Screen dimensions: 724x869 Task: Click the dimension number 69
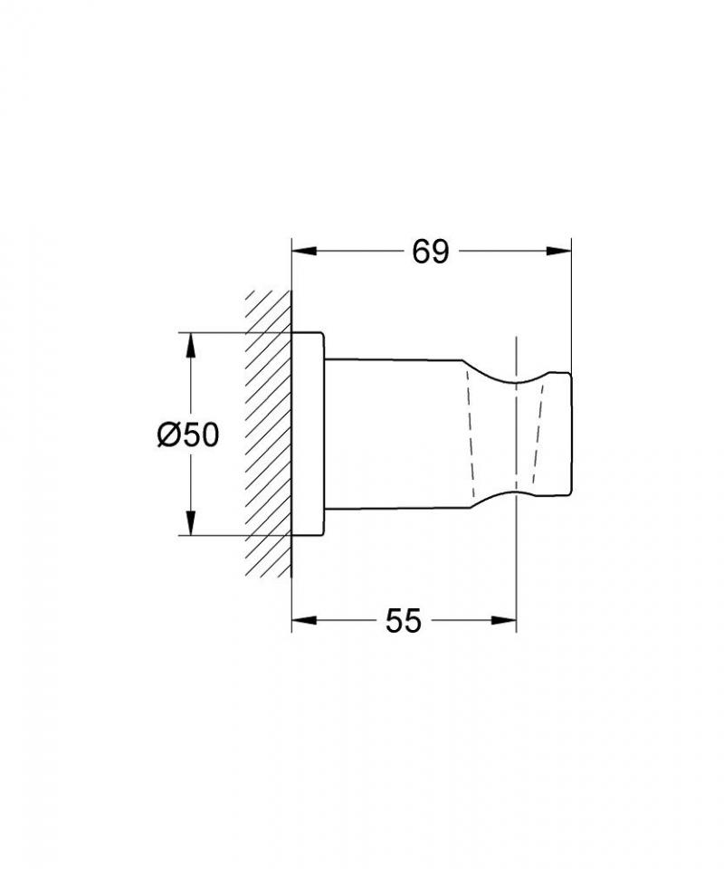(x=431, y=253)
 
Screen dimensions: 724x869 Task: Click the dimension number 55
(x=404, y=620)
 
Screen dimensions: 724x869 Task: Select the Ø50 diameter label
(x=188, y=434)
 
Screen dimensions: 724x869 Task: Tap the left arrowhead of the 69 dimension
(x=304, y=251)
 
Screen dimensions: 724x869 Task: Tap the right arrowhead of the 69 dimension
(x=558, y=251)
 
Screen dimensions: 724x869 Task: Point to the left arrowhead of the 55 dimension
(x=304, y=620)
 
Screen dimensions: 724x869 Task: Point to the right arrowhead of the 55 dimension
(x=503, y=620)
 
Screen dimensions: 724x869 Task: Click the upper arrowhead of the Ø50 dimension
(x=191, y=345)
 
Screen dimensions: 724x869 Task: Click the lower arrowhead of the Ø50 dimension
(x=191, y=523)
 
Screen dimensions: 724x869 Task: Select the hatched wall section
(x=269, y=434)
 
